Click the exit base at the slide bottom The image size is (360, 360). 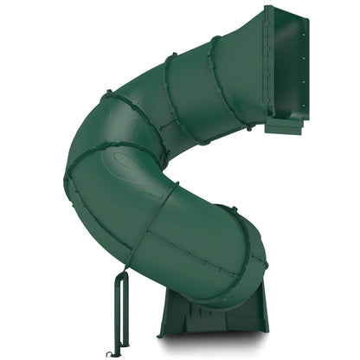208,316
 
